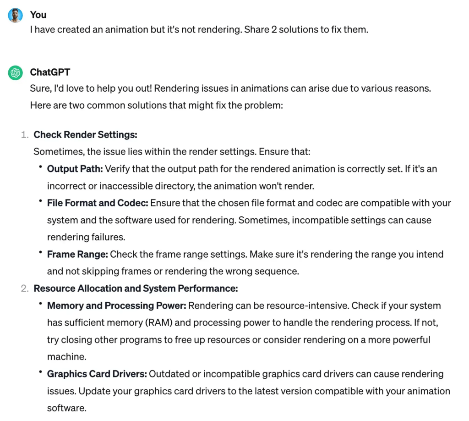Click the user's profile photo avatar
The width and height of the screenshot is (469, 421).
click(15, 15)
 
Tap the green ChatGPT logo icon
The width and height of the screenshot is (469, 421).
click(15, 72)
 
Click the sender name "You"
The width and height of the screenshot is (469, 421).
click(38, 15)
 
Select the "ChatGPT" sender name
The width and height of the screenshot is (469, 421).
click(50, 72)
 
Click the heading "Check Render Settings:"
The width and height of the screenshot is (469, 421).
click(86, 134)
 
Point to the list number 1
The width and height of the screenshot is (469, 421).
click(24, 134)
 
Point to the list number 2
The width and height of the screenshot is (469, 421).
click(24, 288)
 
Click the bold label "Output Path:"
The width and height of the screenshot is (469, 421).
click(75, 169)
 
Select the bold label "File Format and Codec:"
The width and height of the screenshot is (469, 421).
click(98, 203)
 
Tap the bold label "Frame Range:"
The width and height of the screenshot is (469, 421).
click(77, 254)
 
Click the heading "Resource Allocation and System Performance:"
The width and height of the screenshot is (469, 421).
click(136, 288)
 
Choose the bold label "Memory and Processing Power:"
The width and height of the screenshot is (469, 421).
click(117, 305)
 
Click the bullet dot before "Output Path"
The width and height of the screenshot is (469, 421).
click(40, 168)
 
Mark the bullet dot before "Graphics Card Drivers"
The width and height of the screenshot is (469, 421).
click(40, 373)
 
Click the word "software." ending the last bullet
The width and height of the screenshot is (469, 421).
click(66, 408)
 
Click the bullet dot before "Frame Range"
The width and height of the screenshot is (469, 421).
click(40, 253)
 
